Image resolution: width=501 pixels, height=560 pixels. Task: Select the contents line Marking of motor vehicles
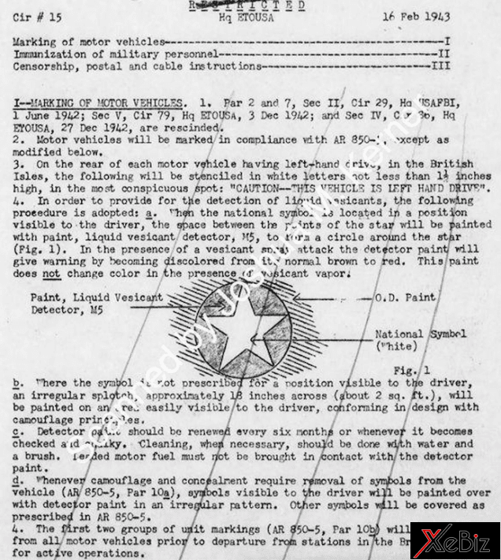click(x=91, y=40)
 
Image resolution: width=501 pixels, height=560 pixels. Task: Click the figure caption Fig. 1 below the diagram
click(x=414, y=369)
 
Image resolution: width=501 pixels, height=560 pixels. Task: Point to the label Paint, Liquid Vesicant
click(x=97, y=298)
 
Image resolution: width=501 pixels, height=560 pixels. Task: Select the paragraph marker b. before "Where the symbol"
click(x=17, y=381)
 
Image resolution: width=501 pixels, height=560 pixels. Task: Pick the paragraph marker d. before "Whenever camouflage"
click(x=17, y=480)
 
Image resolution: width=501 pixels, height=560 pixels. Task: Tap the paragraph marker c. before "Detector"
click(x=17, y=431)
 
